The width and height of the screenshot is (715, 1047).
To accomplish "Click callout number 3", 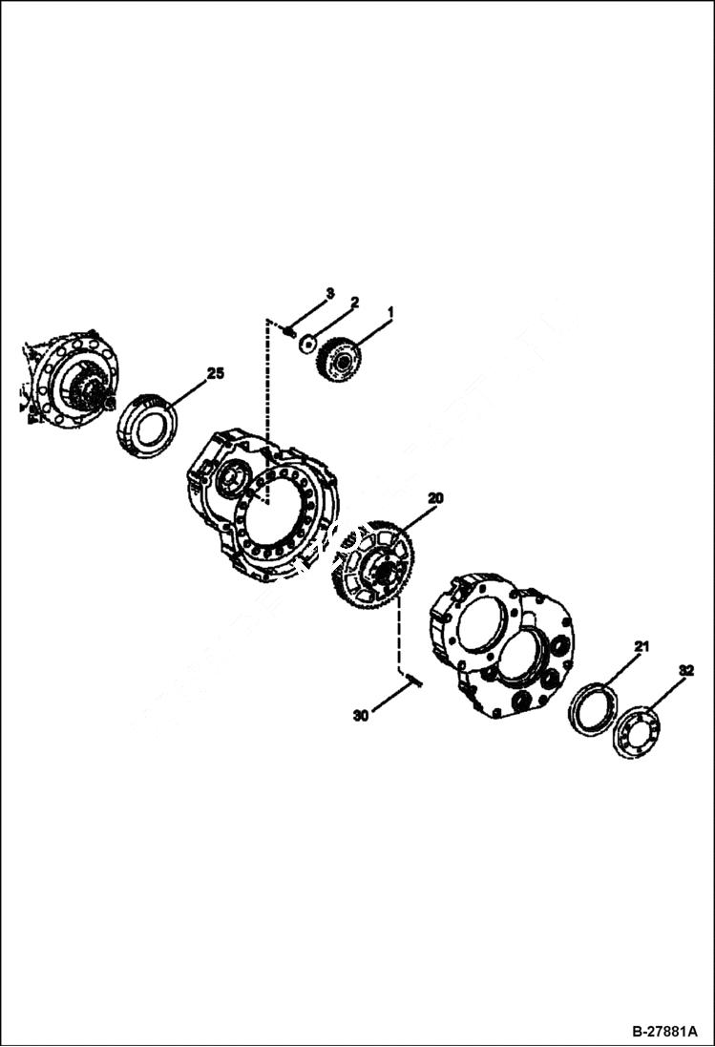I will (329, 292).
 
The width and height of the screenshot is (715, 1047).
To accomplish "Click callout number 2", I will (354, 302).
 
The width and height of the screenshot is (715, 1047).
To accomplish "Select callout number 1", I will (390, 312).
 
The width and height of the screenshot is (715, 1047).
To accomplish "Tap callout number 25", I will (216, 373).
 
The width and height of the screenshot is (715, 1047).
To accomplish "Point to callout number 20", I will (435, 497).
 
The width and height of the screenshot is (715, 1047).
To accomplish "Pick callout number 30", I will (360, 715).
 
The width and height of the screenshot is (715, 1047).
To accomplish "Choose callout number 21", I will (641, 647).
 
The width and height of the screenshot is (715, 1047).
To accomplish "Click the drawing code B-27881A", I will (665, 1032).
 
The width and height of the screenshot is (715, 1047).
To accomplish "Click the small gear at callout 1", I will (339, 360).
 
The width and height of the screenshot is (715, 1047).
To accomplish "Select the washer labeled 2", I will (307, 343).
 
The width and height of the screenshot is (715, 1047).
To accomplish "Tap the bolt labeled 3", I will (286, 331).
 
